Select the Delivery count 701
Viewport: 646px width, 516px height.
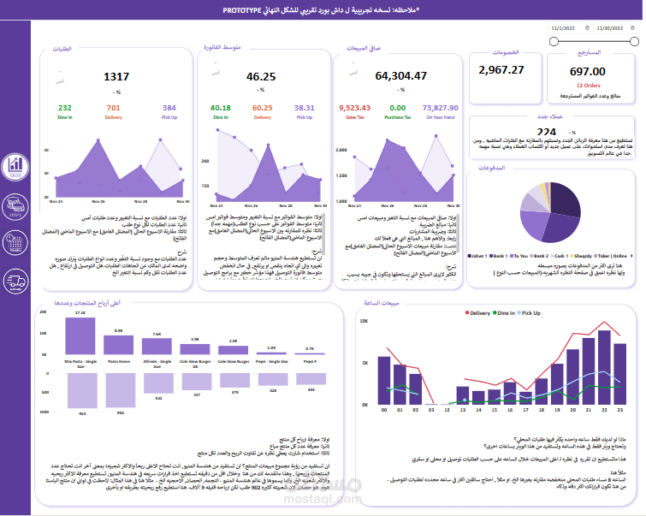click(113, 108)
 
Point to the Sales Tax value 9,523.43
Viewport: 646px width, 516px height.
click(353, 108)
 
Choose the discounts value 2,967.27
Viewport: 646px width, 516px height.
click(501, 69)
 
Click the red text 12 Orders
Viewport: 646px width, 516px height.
click(587, 86)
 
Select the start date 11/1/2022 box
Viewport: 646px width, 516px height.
click(567, 27)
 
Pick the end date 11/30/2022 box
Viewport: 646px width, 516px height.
click(613, 27)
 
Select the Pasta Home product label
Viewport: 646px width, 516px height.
click(119, 361)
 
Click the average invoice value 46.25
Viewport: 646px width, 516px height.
click(260, 77)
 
